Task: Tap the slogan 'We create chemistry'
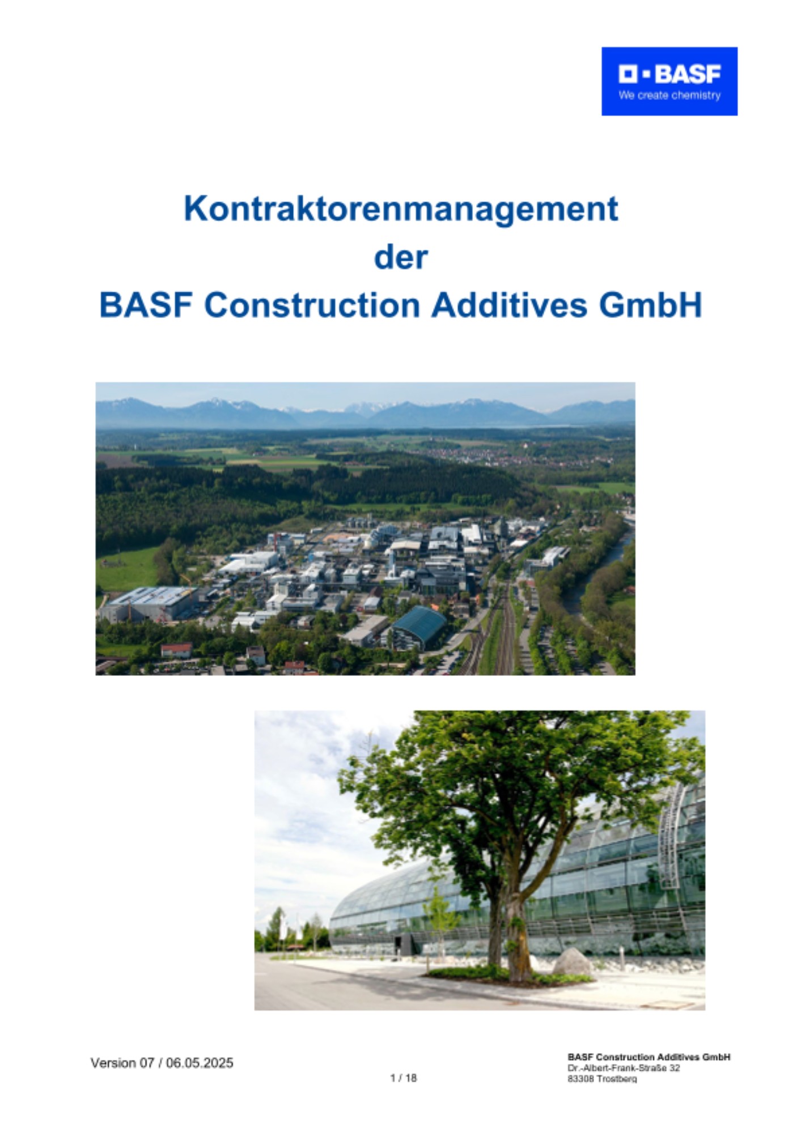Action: coord(669,95)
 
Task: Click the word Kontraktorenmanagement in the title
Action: coord(401,209)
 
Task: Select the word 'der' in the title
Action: coord(401,257)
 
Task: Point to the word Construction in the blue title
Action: coord(312,305)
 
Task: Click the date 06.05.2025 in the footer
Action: coord(200,1063)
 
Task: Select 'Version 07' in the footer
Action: coord(122,1063)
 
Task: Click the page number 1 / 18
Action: coord(404,1077)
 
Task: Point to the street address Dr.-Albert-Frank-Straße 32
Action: coord(624,1068)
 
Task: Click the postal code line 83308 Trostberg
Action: coord(602,1079)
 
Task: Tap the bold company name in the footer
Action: coord(649,1057)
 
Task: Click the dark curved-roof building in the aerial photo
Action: coord(418,627)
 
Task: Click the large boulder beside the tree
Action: coord(573,962)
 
